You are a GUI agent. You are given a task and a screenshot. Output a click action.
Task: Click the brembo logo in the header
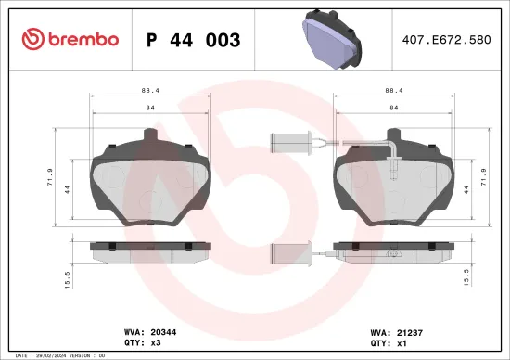click(x=70, y=39)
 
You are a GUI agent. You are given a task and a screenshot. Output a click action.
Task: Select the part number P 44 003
click(x=194, y=40)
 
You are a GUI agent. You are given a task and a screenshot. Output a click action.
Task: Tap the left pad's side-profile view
click(x=148, y=250)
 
